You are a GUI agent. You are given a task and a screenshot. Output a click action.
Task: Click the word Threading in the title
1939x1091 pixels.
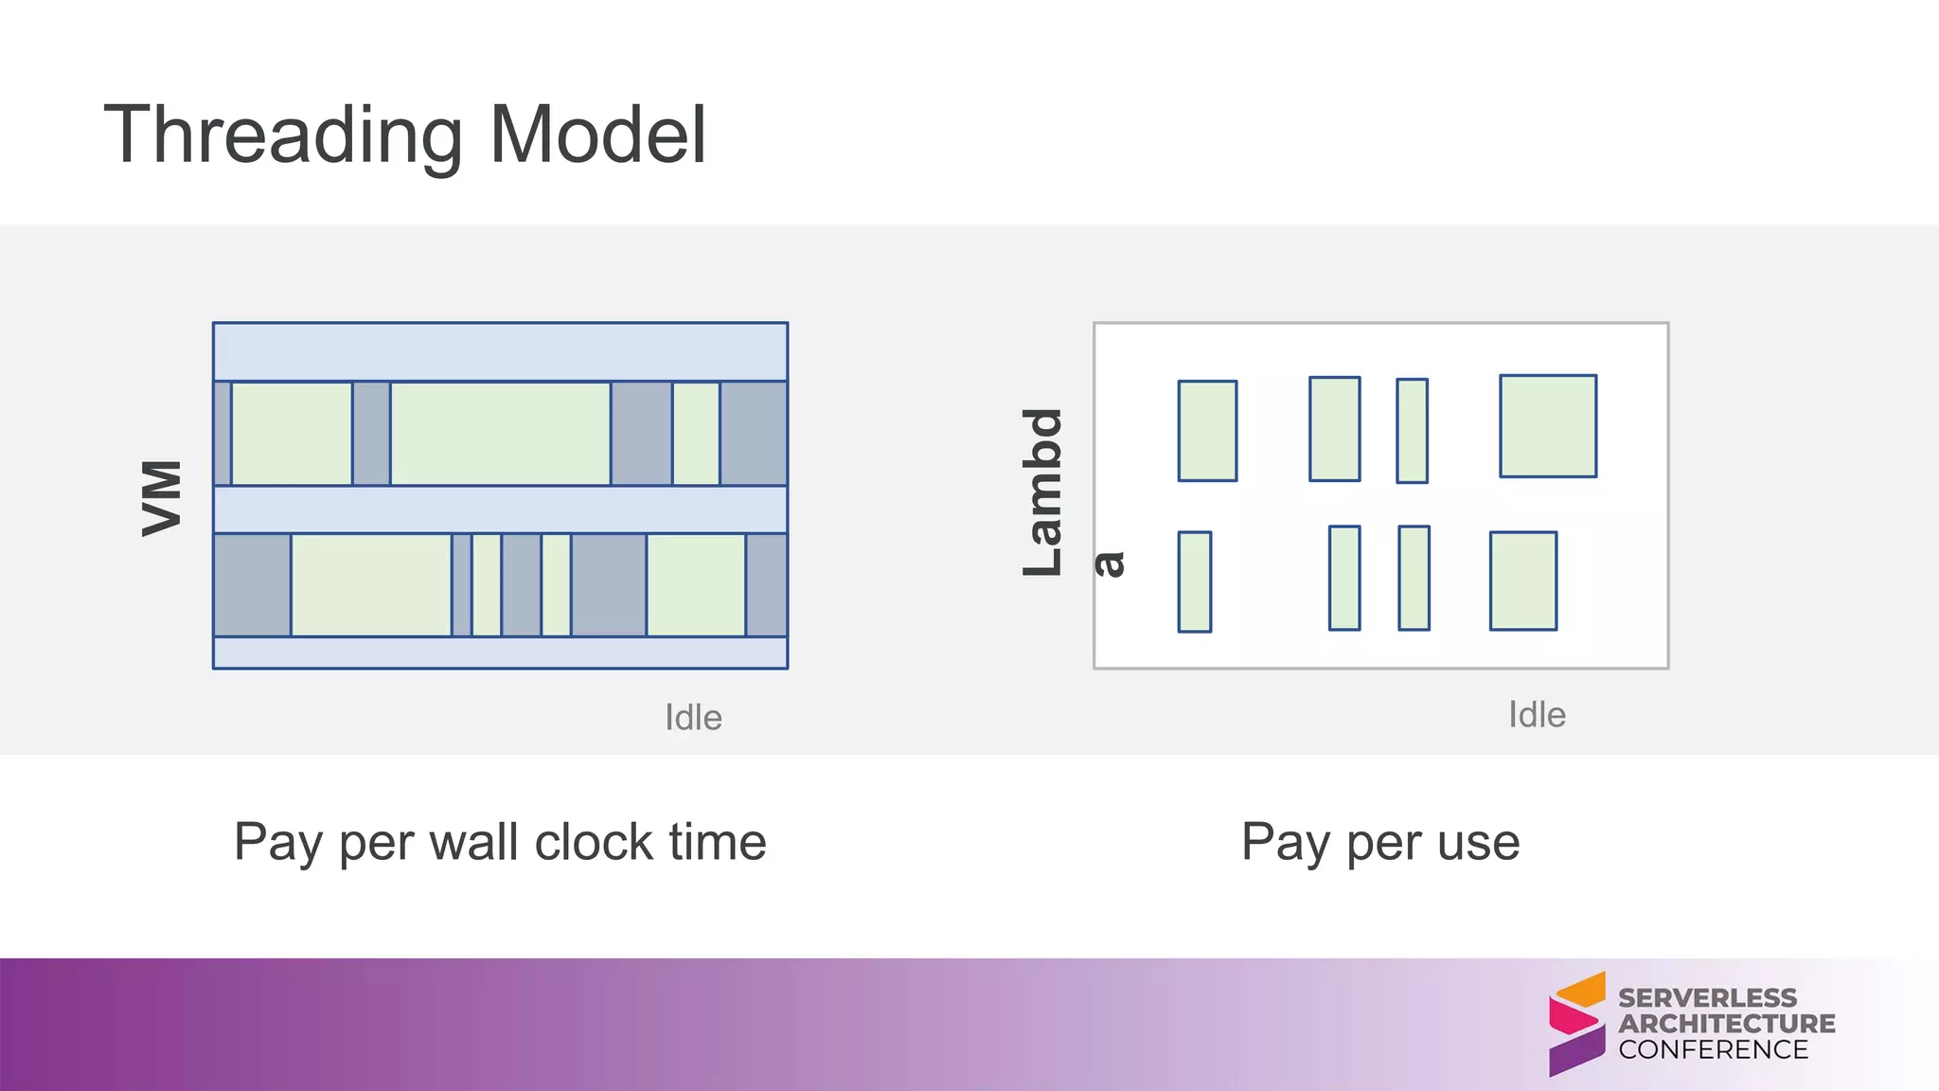pyautogui.click(x=284, y=135)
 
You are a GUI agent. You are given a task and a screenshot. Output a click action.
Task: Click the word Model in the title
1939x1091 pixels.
pyautogui.click(x=597, y=135)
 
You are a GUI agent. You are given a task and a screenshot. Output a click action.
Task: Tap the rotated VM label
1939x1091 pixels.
pyautogui.click(x=162, y=498)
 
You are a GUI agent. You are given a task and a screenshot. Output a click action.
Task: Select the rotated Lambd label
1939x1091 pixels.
pyautogui.click(x=1043, y=492)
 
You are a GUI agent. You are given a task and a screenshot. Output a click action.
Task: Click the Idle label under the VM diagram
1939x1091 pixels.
pyautogui.click(x=693, y=718)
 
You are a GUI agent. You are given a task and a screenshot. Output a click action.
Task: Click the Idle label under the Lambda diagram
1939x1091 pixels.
pyautogui.click(x=1537, y=715)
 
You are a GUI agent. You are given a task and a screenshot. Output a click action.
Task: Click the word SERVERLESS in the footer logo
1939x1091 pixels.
pyautogui.click(x=1707, y=998)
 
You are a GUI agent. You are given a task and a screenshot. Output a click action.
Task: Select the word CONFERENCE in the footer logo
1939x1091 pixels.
pyautogui.click(x=1713, y=1049)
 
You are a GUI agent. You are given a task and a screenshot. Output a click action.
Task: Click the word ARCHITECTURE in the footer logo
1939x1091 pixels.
pyautogui.click(x=1726, y=1024)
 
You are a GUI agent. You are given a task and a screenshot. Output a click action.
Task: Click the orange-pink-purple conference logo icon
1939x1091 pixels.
pyautogui.click(x=1576, y=1024)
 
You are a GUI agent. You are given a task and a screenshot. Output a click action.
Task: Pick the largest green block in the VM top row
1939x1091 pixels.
pyautogui.click(x=500, y=434)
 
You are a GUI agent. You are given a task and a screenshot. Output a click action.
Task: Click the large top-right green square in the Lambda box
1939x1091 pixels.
pyautogui.click(x=1548, y=426)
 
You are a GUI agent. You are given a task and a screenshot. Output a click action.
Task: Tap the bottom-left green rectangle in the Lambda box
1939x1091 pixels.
pyautogui.click(x=1195, y=581)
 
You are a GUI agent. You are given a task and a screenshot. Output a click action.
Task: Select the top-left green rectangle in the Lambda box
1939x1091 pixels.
pyautogui.click(x=1207, y=431)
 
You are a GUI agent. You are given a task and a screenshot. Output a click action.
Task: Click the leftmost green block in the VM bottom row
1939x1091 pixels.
pyautogui.click(x=371, y=584)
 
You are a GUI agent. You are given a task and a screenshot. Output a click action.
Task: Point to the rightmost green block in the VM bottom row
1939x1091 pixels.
pyautogui.click(x=696, y=584)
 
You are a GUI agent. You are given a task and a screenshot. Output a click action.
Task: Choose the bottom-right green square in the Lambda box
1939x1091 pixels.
pyautogui.click(x=1523, y=581)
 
